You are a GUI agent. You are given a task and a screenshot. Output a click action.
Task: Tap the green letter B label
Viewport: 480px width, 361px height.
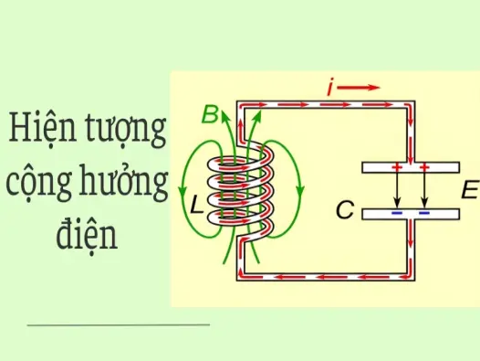tap(210, 115)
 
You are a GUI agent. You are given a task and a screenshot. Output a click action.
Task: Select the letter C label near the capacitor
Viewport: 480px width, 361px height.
tap(344, 212)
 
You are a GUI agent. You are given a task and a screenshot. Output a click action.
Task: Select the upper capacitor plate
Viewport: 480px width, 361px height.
tap(410, 168)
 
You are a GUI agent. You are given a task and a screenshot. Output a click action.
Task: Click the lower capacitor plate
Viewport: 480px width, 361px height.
tap(410, 216)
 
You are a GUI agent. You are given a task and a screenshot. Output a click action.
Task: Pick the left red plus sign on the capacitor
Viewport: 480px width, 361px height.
tap(397, 168)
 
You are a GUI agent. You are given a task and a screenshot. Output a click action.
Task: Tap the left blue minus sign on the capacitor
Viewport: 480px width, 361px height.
tap(397, 215)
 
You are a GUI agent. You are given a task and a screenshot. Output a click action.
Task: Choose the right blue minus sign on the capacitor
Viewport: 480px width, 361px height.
tap(424, 215)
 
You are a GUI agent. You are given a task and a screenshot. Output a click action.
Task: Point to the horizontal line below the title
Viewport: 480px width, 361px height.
tap(119, 324)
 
